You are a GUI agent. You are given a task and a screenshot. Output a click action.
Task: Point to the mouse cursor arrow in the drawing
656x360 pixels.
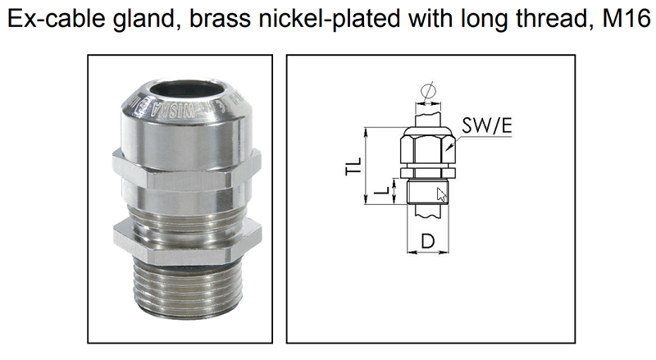click(x=441, y=194)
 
